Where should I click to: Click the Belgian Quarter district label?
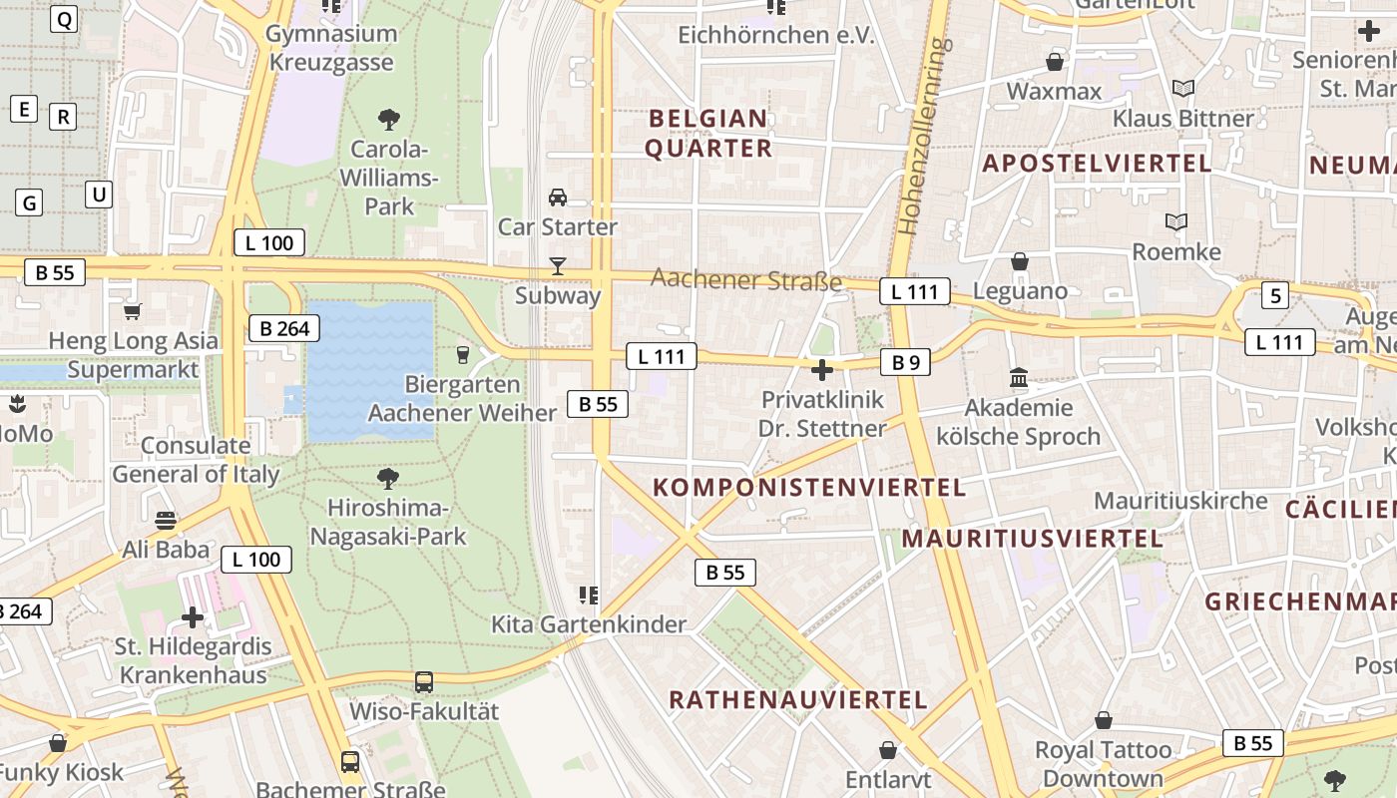(708, 134)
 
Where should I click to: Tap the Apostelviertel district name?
(1097, 164)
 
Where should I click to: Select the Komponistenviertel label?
(808, 488)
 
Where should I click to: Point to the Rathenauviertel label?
(798, 699)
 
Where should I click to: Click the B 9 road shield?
(905, 362)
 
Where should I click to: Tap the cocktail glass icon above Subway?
(558, 266)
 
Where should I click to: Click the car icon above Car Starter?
(558, 197)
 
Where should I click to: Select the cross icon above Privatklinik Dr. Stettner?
(822, 371)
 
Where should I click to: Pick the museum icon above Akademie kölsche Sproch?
(1019, 377)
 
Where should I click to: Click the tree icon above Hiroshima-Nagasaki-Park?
(388, 479)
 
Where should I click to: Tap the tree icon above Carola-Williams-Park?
(389, 121)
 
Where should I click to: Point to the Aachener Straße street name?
(746, 280)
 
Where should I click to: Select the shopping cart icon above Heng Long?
(132, 311)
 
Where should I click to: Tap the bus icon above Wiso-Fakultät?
(424, 682)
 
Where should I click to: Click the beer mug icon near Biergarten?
(462, 354)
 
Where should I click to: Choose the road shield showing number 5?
(1274, 295)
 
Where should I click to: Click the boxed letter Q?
(63, 18)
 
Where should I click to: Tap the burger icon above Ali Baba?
(166, 520)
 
